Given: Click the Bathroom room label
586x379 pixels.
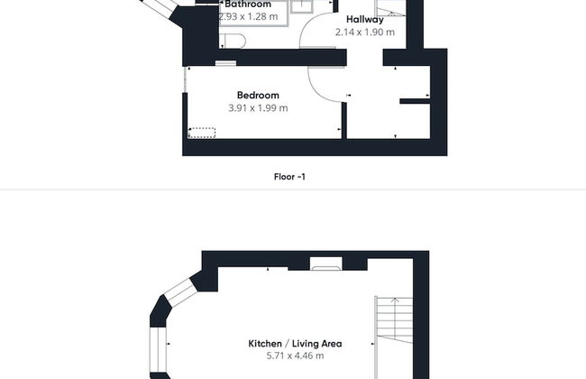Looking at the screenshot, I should [248, 5].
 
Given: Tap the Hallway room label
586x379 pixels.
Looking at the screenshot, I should [365, 19].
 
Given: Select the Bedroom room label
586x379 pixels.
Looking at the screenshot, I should [258, 95].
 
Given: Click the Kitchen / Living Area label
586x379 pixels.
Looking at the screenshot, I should [295, 343].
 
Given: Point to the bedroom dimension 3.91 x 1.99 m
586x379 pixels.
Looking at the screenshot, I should [258, 107].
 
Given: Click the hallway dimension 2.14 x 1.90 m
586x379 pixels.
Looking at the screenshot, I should [365, 32].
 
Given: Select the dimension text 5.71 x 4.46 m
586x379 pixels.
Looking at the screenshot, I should [295, 356].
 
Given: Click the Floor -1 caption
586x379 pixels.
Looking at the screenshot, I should [289, 177].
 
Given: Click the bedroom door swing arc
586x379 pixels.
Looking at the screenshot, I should [321, 86].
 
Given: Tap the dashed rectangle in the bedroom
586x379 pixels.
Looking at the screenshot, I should [202, 133].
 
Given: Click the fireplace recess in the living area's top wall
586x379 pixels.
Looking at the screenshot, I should [325, 264].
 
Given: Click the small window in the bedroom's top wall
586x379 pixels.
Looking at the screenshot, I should [225, 63].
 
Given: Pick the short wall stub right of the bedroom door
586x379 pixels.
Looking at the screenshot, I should [415, 99].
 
